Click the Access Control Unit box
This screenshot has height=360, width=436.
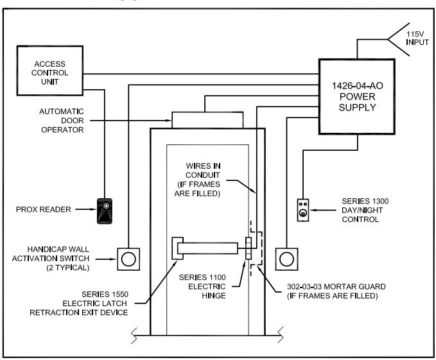(x=50, y=71)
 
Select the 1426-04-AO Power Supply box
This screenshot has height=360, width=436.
(x=357, y=97)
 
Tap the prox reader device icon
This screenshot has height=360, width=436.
(x=105, y=211)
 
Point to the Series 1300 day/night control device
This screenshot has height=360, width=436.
(x=303, y=210)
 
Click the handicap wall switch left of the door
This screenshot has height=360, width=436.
(x=128, y=259)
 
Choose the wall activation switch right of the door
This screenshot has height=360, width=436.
(x=286, y=259)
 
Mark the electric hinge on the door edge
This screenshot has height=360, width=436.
(x=249, y=248)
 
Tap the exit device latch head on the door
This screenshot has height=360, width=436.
(x=177, y=248)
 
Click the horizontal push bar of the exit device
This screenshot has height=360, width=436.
(x=207, y=248)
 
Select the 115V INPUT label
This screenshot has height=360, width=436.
(x=417, y=39)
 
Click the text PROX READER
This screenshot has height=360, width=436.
(x=44, y=209)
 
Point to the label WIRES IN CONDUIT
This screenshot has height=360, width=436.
(x=203, y=171)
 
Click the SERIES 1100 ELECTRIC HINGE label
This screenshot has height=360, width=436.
(x=202, y=286)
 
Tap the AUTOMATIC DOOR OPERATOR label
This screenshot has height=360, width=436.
(x=62, y=121)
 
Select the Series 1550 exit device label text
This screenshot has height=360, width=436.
(x=79, y=304)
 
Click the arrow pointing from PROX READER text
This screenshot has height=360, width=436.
(x=86, y=209)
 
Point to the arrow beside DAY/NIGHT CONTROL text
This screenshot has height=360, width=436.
(x=322, y=210)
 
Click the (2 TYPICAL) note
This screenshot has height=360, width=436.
(x=68, y=268)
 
